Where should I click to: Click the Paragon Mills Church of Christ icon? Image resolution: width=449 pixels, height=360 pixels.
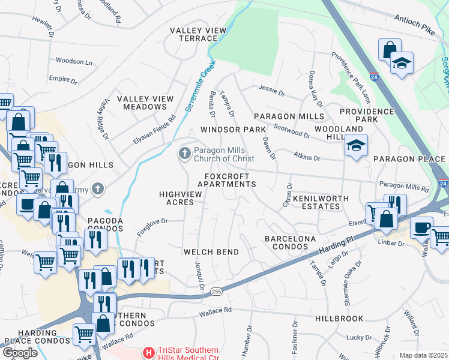pyautogui.click(x=184, y=154)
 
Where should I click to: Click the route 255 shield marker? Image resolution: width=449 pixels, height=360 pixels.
pyautogui.click(x=217, y=291)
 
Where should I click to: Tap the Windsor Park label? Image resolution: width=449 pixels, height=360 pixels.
pyautogui.click(x=232, y=130)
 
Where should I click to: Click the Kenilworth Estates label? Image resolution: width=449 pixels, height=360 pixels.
pyautogui.click(x=316, y=202)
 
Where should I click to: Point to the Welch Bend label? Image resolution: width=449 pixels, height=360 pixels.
pyautogui.click(x=211, y=252)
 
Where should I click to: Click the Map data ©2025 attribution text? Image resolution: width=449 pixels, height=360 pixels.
pyautogui.click(x=423, y=355)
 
